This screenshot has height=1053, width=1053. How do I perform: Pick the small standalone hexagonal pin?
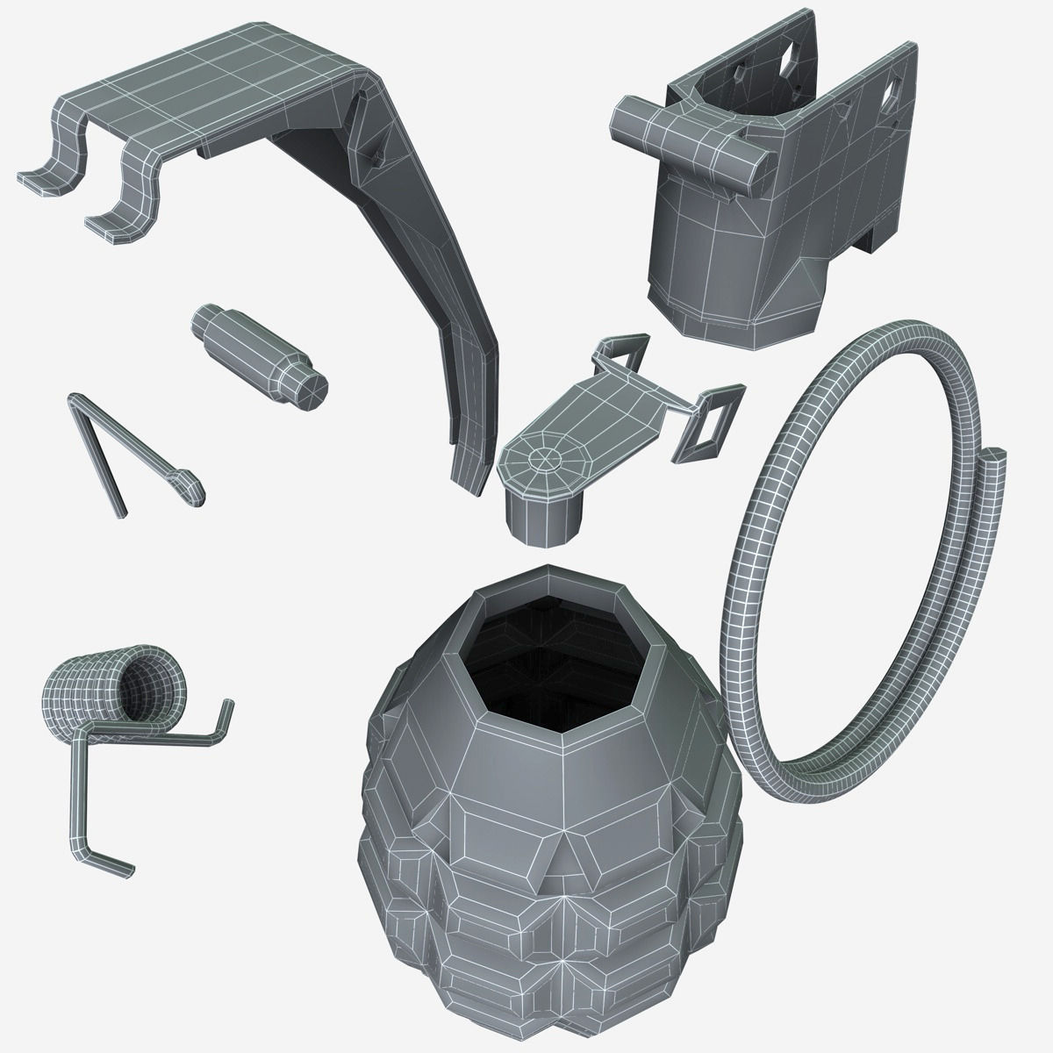click(x=259, y=355)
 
